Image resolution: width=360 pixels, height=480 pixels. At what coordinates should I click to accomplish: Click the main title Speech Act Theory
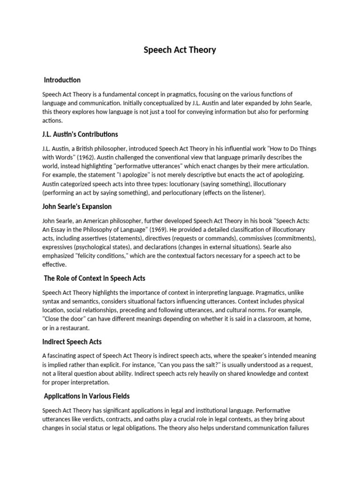click(x=180, y=50)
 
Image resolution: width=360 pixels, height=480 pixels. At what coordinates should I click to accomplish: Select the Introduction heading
click(x=62, y=80)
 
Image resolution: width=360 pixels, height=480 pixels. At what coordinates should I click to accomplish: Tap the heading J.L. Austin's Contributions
click(x=80, y=135)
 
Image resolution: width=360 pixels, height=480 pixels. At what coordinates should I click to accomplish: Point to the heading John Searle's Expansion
click(x=77, y=207)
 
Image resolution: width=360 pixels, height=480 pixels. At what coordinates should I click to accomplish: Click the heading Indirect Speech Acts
click(x=72, y=342)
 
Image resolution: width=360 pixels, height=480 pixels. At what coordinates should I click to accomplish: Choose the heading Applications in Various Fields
click(x=87, y=396)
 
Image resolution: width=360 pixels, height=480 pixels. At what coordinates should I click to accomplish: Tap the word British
click(x=86, y=149)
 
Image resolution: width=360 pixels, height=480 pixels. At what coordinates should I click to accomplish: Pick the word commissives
click(x=259, y=238)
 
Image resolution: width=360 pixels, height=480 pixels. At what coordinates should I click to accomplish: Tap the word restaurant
click(x=73, y=328)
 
